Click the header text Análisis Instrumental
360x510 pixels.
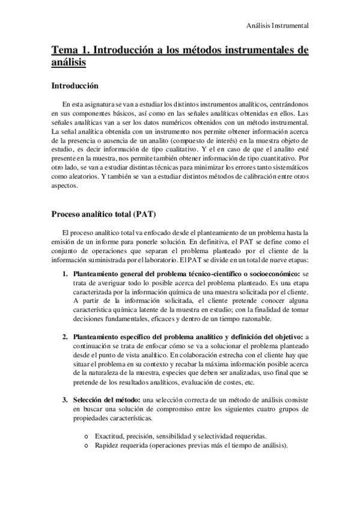(x=278, y=26)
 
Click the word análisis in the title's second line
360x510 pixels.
(x=69, y=61)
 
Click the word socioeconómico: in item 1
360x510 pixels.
(x=272, y=274)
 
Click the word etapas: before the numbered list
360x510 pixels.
(x=297, y=260)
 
